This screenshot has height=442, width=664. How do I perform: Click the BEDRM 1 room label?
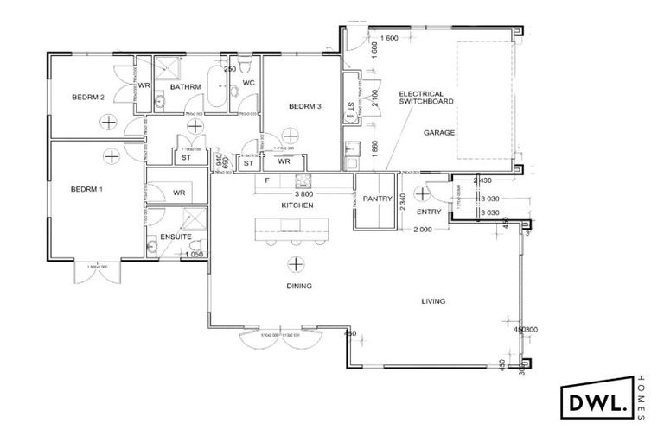click(x=88, y=189)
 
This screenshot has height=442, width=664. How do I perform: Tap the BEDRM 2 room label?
click(x=88, y=98)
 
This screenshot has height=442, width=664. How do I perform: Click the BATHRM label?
click(x=186, y=87)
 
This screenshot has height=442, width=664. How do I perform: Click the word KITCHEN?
click(x=297, y=207)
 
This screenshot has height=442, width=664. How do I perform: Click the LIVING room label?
click(x=432, y=301)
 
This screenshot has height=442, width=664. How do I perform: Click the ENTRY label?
click(x=429, y=212)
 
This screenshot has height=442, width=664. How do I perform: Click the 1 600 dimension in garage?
click(x=388, y=39)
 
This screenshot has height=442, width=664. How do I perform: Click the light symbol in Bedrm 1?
click(x=111, y=155)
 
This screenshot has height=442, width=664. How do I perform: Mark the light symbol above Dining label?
click(x=297, y=264)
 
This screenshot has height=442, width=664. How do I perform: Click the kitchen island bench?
click(x=292, y=229)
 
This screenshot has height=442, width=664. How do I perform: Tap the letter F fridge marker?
click(x=268, y=181)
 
